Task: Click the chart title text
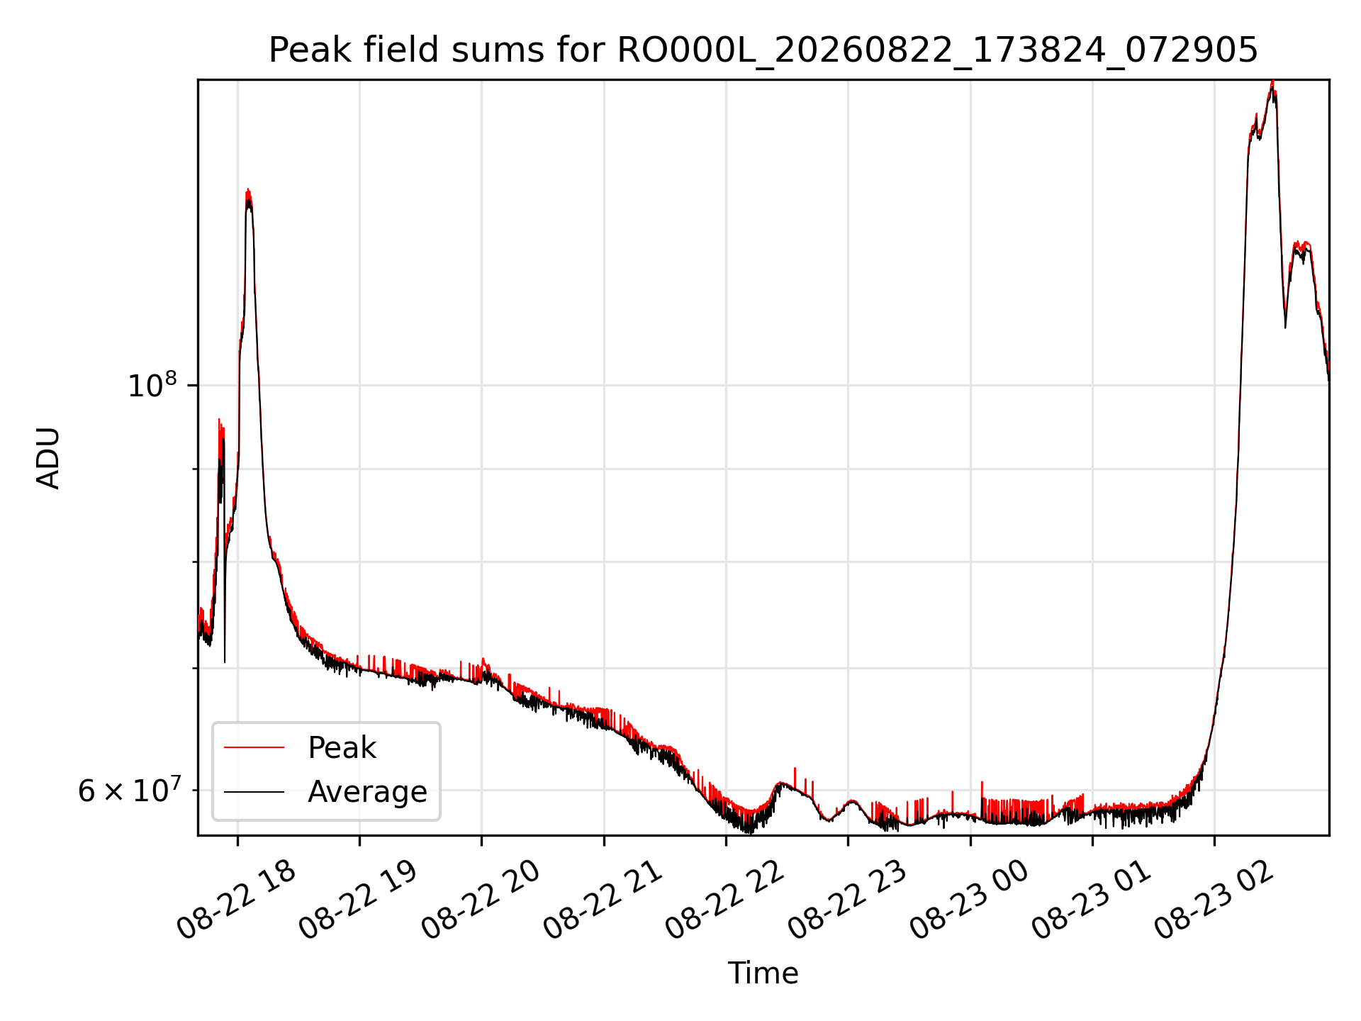tap(763, 50)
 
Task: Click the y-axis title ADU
tap(48, 458)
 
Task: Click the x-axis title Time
tap(763, 973)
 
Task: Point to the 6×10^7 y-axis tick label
tap(128, 789)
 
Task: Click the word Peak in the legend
tap(342, 748)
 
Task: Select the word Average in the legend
tap(367, 792)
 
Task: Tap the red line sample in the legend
tap(254, 748)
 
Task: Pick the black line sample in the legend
tap(254, 792)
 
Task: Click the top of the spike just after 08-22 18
tap(248, 190)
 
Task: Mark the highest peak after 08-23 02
tap(1273, 82)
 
